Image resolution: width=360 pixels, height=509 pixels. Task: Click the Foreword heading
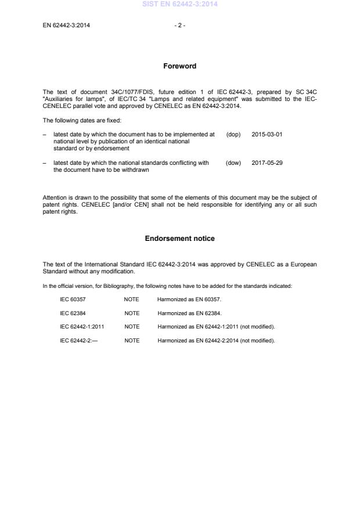(179, 66)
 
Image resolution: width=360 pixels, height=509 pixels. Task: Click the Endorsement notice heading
(179, 239)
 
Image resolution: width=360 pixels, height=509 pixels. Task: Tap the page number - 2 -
(179, 25)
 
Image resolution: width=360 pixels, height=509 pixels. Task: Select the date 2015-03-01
(267, 134)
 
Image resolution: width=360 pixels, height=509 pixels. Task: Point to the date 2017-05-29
(267, 163)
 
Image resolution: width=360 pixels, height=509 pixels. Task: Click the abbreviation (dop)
(233, 134)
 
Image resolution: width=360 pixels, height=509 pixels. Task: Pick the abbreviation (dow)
(233, 163)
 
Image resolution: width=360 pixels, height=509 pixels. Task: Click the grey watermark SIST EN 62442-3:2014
(179, 5)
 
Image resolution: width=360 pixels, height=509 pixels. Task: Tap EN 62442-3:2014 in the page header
(66, 25)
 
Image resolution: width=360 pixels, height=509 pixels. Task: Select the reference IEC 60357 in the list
(73, 299)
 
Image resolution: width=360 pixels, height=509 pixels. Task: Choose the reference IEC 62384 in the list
(73, 313)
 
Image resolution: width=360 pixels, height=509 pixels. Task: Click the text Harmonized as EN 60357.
(189, 299)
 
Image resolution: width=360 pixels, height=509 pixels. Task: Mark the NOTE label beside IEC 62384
(132, 313)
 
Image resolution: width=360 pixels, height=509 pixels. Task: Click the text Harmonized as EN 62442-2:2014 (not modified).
(216, 341)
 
